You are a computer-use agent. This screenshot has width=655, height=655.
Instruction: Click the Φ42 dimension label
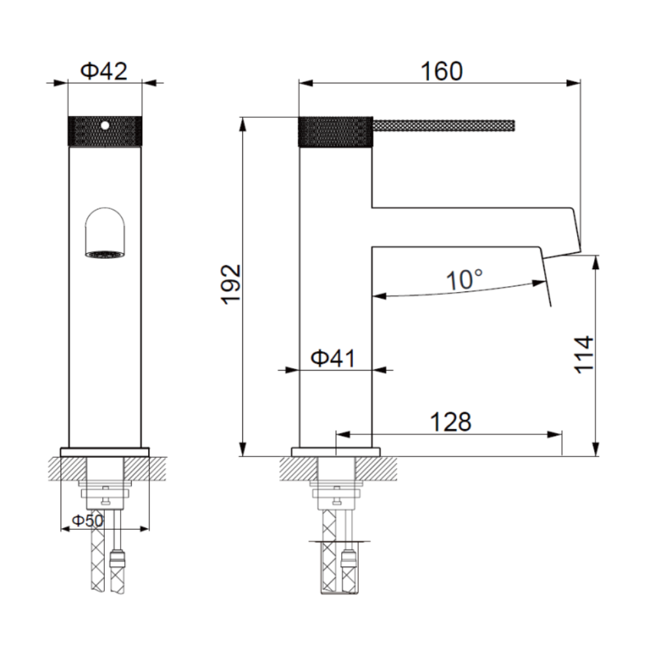pos(103,71)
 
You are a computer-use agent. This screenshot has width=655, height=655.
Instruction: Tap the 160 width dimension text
pos(441,71)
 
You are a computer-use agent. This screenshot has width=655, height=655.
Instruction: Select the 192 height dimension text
pos(231,284)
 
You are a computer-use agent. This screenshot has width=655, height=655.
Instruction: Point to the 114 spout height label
pos(584,354)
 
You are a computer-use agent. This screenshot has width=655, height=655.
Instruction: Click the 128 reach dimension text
pos(451,422)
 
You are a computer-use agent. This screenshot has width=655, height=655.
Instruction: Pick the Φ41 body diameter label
pos(333,358)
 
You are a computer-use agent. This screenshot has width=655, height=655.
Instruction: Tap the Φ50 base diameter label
pos(88,521)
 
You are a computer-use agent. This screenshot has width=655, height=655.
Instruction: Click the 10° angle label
pos(464,280)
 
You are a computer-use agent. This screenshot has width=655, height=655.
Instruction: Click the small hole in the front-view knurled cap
pos(105,125)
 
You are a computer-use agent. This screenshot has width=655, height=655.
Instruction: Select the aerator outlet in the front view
pos(105,254)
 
